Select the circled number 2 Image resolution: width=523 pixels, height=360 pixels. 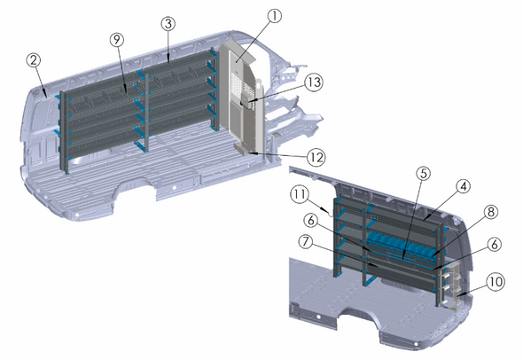[33, 60]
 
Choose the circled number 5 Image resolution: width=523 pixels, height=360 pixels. [424, 175]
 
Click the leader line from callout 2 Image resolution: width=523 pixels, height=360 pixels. [41, 80]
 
